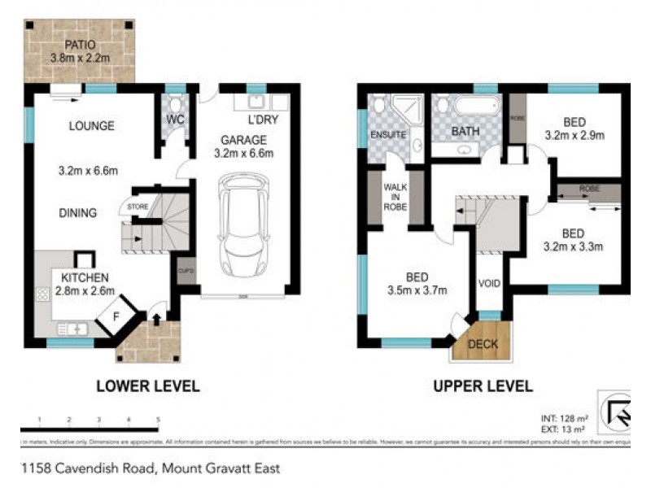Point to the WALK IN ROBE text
395,196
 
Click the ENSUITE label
388,134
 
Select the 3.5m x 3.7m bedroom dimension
417,288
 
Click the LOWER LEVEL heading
147,386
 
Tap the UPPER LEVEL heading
483,386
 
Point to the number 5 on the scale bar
158,420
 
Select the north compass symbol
615,412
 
